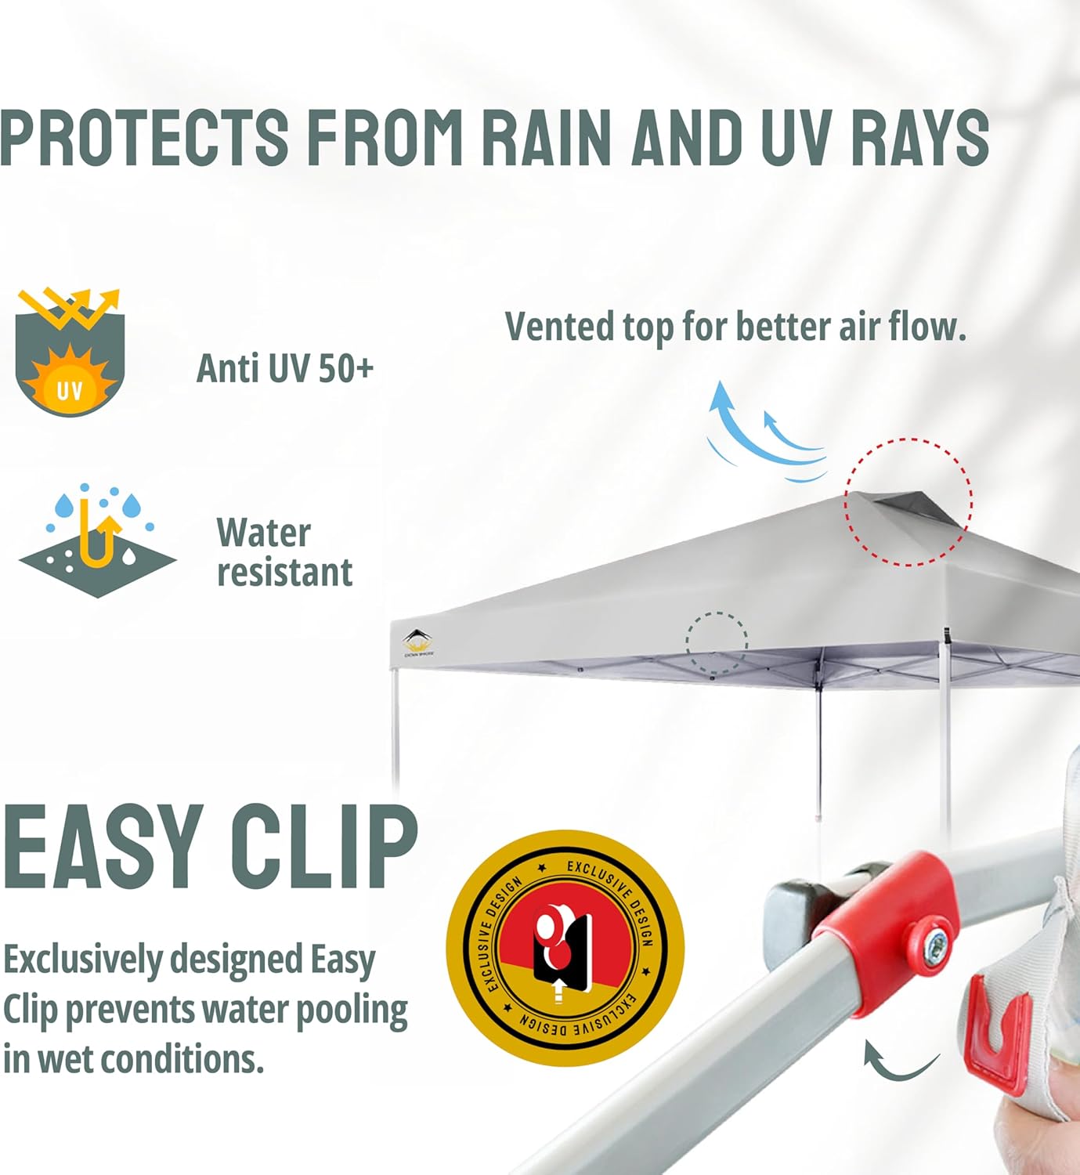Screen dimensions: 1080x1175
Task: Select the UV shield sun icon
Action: click(70, 352)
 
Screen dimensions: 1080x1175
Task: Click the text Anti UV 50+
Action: click(284, 368)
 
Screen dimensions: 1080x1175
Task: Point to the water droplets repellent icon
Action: click(97, 540)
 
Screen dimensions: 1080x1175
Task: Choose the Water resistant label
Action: click(284, 552)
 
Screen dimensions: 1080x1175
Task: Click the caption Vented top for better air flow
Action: click(735, 327)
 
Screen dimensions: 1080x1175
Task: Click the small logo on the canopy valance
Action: click(418, 643)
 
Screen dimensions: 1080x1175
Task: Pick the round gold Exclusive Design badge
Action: click(565, 948)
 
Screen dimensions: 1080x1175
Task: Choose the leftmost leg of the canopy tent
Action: click(396, 726)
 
